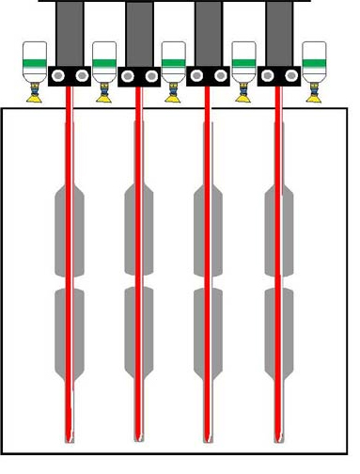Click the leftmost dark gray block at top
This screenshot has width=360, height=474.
pyautogui.click(x=70, y=32)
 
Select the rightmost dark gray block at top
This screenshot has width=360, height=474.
pyautogui.click(x=279, y=32)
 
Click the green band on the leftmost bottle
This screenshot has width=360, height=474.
pyautogui.click(x=35, y=63)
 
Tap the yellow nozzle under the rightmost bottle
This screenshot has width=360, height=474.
pyautogui.click(x=313, y=91)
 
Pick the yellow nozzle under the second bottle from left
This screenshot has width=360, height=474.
pyautogui.click(x=104, y=91)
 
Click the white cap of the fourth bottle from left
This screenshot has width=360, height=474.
pyautogui.click(x=243, y=49)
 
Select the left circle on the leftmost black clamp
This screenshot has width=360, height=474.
pyautogui.click(x=58, y=74)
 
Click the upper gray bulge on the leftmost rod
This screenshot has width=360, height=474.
pyautogui.click(x=70, y=231)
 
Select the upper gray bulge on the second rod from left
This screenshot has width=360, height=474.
pyautogui.click(x=139, y=231)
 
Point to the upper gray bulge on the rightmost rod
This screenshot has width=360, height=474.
pyautogui.click(x=279, y=231)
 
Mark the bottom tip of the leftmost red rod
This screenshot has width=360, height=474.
pyautogui.click(x=70, y=438)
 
